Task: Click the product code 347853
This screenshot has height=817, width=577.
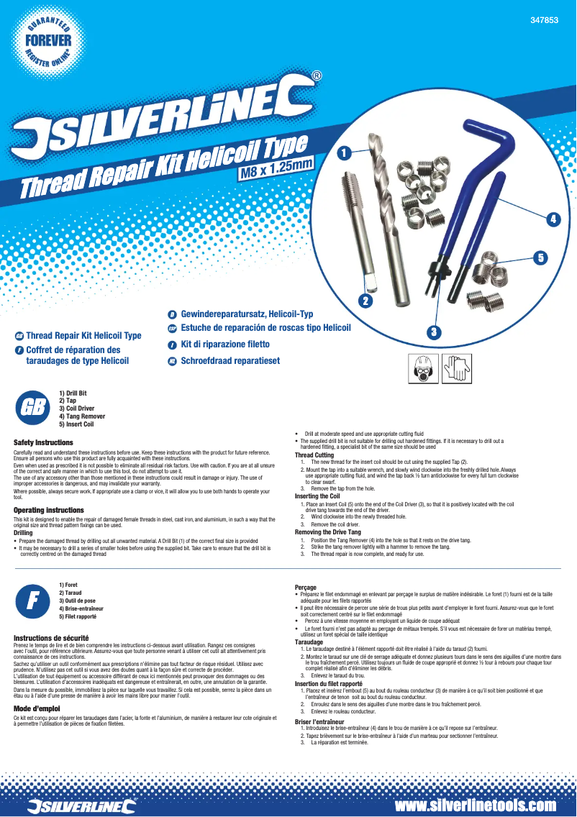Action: (545, 21)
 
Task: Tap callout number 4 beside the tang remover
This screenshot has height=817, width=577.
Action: (554, 219)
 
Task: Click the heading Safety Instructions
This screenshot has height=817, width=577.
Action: (43, 442)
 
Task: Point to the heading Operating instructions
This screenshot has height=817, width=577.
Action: (49, 510)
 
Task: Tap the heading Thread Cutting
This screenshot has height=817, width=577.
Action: (314, 455)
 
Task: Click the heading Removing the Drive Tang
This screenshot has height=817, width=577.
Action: (328, 531)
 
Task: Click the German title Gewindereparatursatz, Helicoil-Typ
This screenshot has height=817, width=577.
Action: (247, 315)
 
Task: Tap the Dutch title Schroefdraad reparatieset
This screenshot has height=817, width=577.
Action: (230, 360)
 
